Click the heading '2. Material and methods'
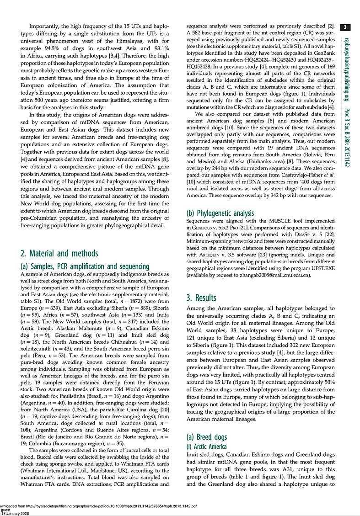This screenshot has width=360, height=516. [59, 253]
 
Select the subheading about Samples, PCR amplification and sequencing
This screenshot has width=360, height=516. [85, 266]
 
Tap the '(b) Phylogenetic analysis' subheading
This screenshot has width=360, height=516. [220, 213]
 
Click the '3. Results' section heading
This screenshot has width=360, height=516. [201, 298]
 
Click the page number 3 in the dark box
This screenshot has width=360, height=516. [347, 27]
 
